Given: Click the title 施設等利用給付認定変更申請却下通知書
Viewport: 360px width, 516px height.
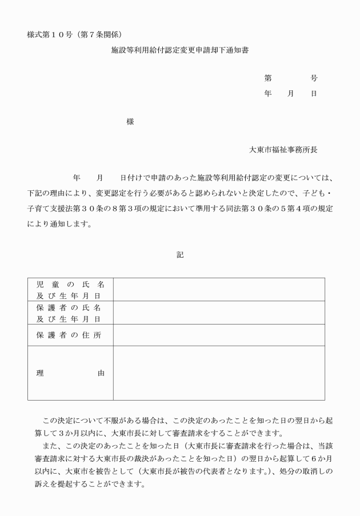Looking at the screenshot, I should click(179, 50).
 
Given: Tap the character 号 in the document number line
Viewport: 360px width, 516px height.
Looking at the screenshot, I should click(314, 78).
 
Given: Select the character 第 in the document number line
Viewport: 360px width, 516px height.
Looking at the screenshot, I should click(267, 78).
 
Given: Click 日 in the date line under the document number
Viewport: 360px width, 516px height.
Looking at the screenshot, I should click(314, 93).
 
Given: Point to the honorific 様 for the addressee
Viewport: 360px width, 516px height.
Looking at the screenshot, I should click(130, 122).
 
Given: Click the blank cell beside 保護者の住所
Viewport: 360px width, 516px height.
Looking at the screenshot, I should click(219, 335).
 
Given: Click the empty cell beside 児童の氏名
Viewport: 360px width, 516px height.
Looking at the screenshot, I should click(219, 289).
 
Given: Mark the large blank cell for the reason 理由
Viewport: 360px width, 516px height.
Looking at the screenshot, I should click(219, 373).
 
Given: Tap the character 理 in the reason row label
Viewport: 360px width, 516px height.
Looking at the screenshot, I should click(40, 373).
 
